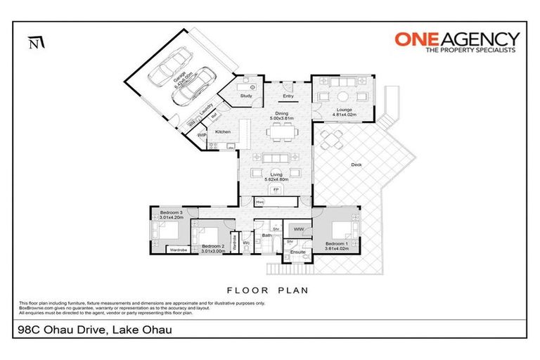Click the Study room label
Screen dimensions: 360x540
tap(246, 96)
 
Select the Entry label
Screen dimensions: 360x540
tap(288, 96)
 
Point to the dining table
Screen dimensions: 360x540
tap(281, 131)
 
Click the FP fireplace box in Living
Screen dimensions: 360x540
tap(276, 190)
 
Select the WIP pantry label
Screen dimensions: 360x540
tap(202, 134)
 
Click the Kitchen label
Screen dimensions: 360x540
tap(223, 131)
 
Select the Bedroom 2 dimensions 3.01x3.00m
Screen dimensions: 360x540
tap(212, 250)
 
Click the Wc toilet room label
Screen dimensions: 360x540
tap(246, 243)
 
